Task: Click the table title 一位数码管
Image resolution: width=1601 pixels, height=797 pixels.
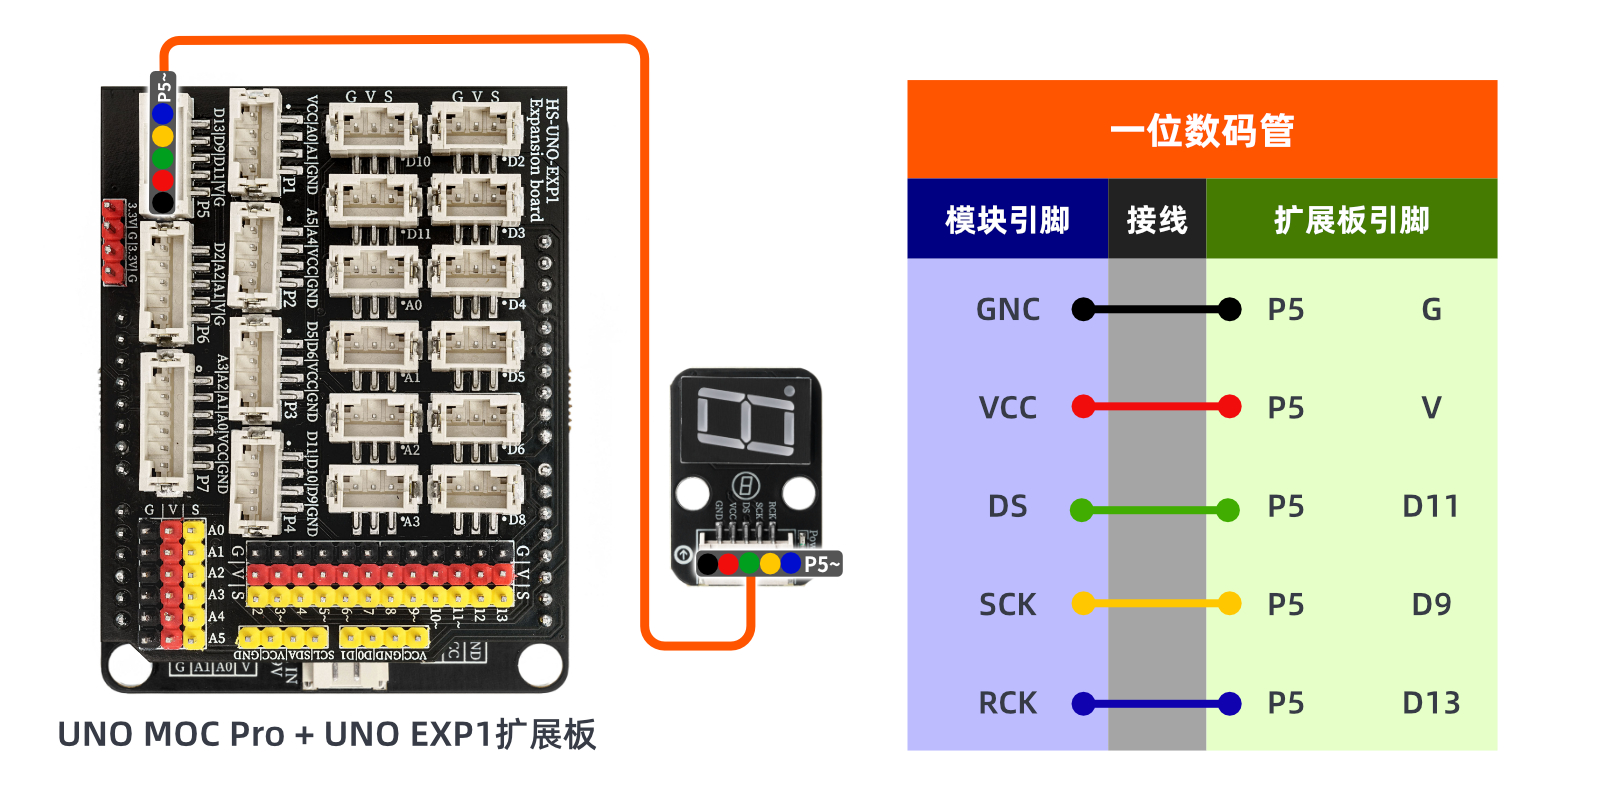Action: point(1201,130)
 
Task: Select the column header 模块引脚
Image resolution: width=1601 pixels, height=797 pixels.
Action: point(1007,220)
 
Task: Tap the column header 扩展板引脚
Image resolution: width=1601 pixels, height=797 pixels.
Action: point(1351,220)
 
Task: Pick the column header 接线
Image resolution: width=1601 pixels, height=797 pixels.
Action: point(1156,220)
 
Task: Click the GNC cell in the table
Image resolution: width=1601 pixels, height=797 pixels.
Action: point(1007,310)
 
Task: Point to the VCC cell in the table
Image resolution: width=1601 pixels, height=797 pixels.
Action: point(1007,408)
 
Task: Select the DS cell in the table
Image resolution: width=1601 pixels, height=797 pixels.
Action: point(1007,507)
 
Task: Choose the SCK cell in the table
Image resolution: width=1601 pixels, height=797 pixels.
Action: point(1007,605)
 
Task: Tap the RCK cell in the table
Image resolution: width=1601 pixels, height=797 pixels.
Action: point(1007,704)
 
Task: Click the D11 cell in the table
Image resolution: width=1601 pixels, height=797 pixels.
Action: point(1430,507)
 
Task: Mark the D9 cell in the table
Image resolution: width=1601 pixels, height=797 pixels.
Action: point(1430,605)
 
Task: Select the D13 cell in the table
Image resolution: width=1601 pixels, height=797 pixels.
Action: point(1430,704)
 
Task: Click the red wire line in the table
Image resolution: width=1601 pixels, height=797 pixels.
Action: point(1156,407)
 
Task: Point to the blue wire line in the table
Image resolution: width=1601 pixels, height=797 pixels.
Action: point(1156,704)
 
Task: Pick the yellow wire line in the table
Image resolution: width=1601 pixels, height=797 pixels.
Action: point(1156,604)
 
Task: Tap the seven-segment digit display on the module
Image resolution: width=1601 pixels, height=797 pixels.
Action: point(745,420)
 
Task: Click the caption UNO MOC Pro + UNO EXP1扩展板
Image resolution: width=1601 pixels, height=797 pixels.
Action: point(327,735)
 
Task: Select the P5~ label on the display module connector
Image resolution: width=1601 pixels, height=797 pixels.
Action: point(822,565)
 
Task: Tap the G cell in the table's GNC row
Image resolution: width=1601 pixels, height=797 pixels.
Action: point(1431,310)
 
